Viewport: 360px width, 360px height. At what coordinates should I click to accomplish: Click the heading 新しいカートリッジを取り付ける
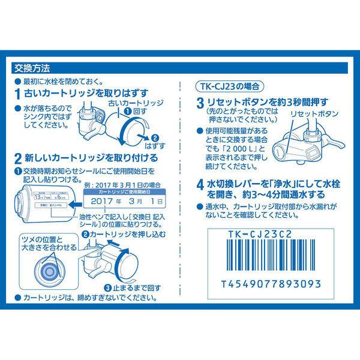click(90, 158)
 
